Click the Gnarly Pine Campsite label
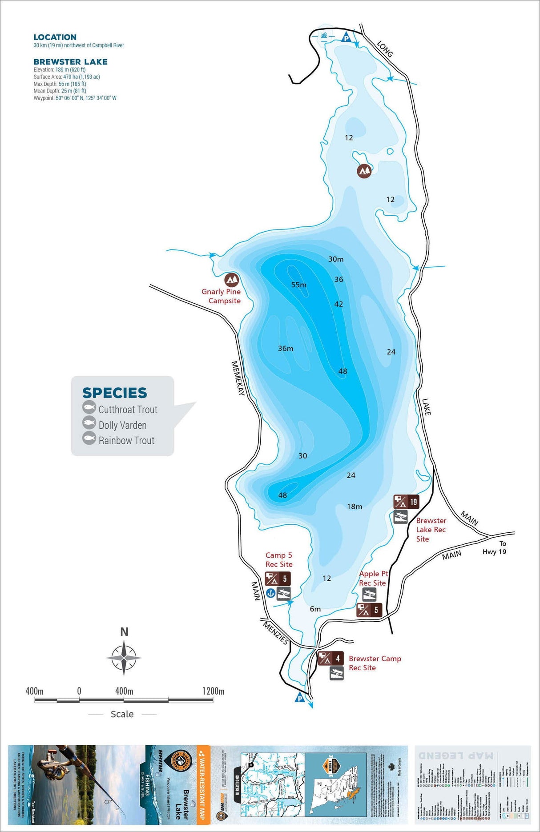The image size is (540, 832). pos(221,296)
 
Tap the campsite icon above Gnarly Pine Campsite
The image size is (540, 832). pos(231,280)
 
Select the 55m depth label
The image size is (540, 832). pos(298,285)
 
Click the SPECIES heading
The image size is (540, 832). pos(114,393)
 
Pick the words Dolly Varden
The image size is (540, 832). pos(122,425)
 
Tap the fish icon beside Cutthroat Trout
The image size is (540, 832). pos(89,407)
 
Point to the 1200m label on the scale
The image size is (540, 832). pos(213,691)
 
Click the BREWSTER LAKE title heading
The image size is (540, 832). pos(70,62)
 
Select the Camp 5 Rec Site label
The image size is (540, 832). pos(279,560)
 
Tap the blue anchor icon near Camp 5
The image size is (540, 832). pos(270,593)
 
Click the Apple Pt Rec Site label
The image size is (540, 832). pos(373,578)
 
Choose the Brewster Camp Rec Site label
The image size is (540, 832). pos(375,663)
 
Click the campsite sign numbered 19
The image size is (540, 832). pos(406,502)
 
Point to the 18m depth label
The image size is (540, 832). pos(355,506)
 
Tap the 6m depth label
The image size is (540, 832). pos(315,609)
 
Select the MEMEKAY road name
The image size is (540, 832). pos(238,378)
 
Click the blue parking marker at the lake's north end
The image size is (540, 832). pos(346,38)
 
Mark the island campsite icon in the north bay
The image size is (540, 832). pos(364,171)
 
